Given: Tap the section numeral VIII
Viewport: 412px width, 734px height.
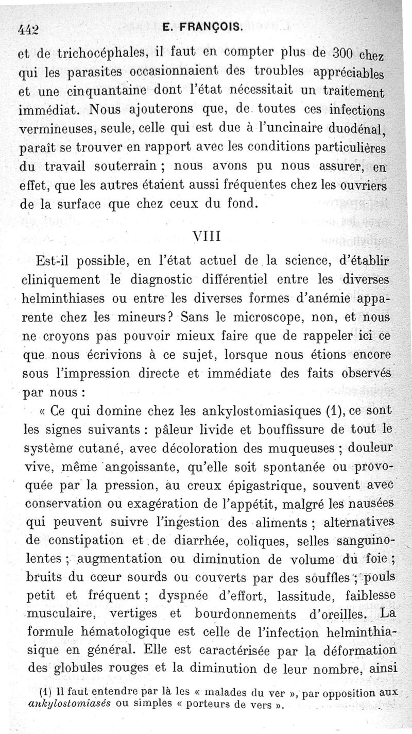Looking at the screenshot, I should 206,236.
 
